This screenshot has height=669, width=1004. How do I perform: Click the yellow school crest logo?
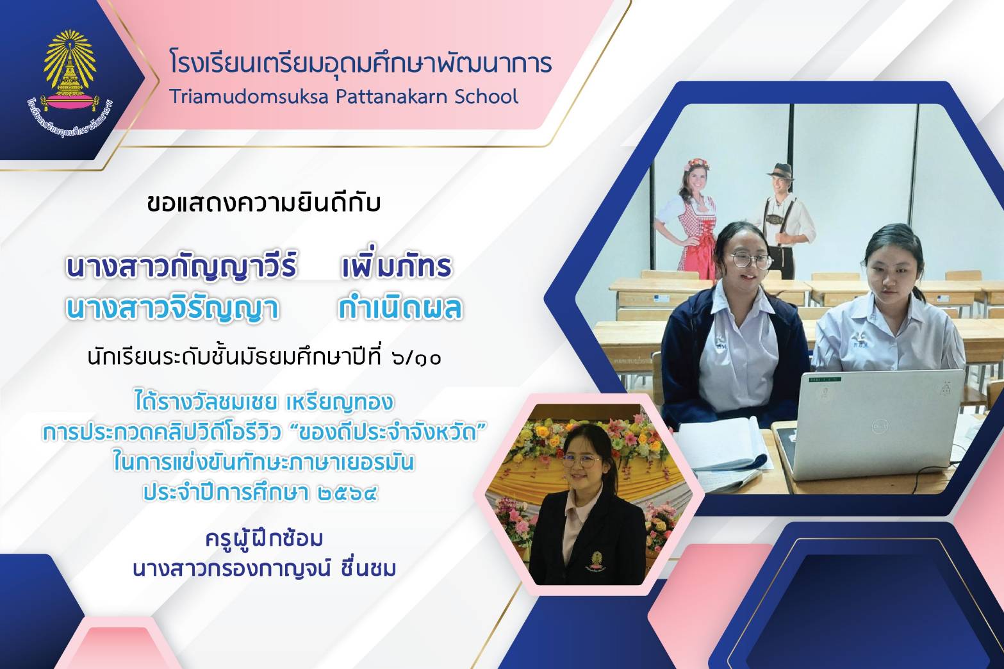tap(70, 83)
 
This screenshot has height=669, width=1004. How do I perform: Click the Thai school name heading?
tap(360, 63)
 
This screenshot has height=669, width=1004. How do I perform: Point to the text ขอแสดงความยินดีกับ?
tap(263, 203)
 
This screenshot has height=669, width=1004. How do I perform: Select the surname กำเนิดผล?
tap(400, 308)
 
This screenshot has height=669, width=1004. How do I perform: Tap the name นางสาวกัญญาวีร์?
tap(181, 267)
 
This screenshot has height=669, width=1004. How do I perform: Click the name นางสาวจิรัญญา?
tap(173, 309)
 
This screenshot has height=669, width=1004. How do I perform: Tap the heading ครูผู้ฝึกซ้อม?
tap(264, 540)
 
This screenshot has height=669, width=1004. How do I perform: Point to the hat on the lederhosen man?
tap(779, 171)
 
